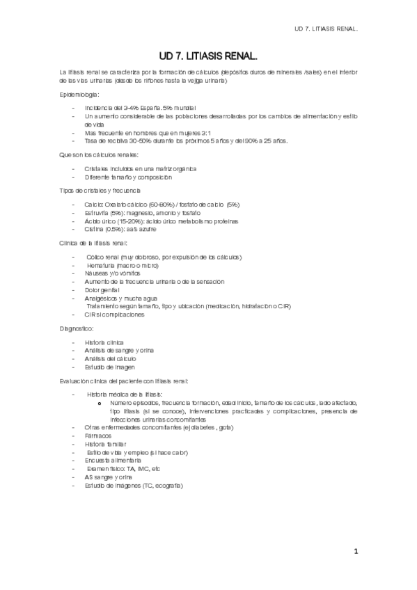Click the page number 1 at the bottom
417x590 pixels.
355,552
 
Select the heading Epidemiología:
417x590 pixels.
79,94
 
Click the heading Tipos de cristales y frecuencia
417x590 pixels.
101,190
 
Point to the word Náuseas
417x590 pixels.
96,273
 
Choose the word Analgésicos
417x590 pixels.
101,298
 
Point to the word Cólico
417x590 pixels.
96,257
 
